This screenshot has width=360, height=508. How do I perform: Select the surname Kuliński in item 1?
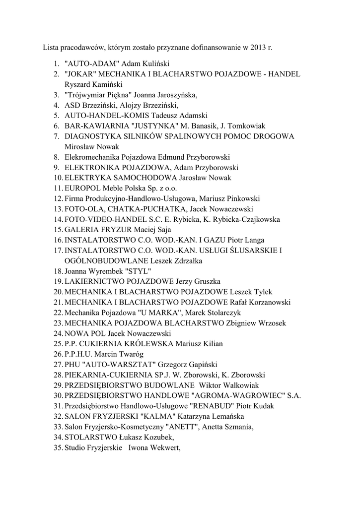[156, 64]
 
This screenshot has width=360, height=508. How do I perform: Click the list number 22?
[57, 312]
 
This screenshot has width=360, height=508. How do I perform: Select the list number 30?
[57, 395]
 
